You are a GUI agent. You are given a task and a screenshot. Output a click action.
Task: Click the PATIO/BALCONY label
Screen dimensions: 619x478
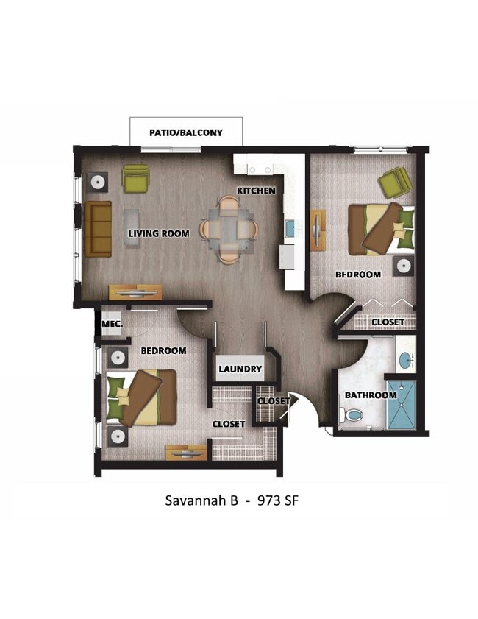[185, 133]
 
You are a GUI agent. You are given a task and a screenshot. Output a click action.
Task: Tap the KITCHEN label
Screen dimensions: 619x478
[256, 191]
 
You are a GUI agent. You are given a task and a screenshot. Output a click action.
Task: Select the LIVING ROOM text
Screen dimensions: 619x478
[159, 234]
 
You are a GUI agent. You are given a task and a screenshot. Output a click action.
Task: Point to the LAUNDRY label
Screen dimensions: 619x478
[240, 369]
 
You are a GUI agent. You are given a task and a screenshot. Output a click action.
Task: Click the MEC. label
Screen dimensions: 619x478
[112, 324]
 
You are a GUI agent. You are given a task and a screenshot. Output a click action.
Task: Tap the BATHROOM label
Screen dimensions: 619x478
[371, 395]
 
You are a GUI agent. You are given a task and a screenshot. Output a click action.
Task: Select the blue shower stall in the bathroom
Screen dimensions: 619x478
[402, 406]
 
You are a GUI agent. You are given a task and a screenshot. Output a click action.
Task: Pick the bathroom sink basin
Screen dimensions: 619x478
[405, 361]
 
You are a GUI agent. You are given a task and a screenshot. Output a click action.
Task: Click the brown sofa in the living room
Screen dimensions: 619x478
[98, 229]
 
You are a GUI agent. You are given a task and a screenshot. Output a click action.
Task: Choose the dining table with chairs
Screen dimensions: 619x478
[229, 229]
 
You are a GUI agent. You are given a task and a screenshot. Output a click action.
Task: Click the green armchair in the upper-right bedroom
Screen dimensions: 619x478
[395, 181]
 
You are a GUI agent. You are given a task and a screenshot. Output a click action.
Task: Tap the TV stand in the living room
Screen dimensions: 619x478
[135, 292]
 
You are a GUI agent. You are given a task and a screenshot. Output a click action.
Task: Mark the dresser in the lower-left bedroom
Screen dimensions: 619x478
[186, 453]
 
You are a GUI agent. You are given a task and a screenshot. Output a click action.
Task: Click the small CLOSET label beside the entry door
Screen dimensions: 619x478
[274, 401]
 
